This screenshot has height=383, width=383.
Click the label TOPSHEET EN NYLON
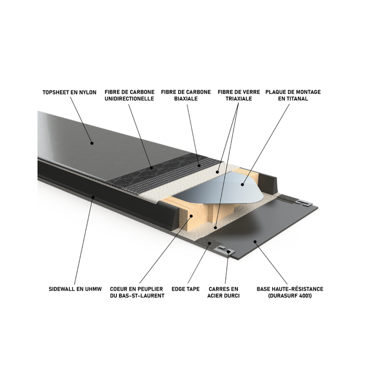[x=69, y=92]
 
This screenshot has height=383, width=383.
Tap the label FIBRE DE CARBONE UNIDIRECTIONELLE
[x=130, y=95]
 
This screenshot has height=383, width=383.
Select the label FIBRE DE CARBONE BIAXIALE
[x=186, y=95]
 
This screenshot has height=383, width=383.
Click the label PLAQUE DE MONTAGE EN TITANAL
[x=293, y=95]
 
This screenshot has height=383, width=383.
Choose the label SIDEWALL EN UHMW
[x=75, y=289]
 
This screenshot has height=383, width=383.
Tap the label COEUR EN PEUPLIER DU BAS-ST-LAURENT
[x=137, y=292]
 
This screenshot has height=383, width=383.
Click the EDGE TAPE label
[x=186, y=289]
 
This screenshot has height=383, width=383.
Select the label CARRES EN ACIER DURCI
[x=224, y=292]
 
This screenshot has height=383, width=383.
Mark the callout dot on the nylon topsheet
[x=92, y=143]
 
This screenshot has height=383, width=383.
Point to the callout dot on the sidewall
[x=92, y=197]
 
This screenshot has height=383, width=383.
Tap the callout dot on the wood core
[x=192, y=216]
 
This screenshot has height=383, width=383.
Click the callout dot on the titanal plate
[x=242, y=184]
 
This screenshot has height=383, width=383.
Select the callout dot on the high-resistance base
[x=255, y=242]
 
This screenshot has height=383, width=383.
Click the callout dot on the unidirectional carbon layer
[x=152, y=167]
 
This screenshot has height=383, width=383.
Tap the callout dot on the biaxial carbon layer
[x=199, y=165]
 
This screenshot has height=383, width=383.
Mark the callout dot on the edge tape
[x=209, y=243]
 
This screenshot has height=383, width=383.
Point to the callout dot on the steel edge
[x=229, y=251]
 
